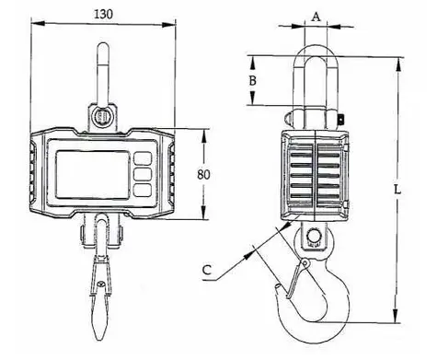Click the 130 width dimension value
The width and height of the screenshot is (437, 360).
(x=103, y=14)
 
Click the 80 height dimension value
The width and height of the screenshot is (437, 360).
(x=203, y=175)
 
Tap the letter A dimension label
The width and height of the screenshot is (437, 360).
(x=316, y=17)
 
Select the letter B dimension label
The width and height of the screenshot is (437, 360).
(x=252, y=81)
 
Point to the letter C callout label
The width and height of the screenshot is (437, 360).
(x=207, y=270)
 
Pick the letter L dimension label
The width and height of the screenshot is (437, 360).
(x=397, y=190)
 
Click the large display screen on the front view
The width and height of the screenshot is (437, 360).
(x=93, y=175)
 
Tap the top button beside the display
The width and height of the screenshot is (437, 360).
(x=143, y=158)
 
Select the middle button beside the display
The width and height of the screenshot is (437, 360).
(x=143, y=174)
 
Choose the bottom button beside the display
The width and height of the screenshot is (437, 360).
(x=143, y=190)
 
